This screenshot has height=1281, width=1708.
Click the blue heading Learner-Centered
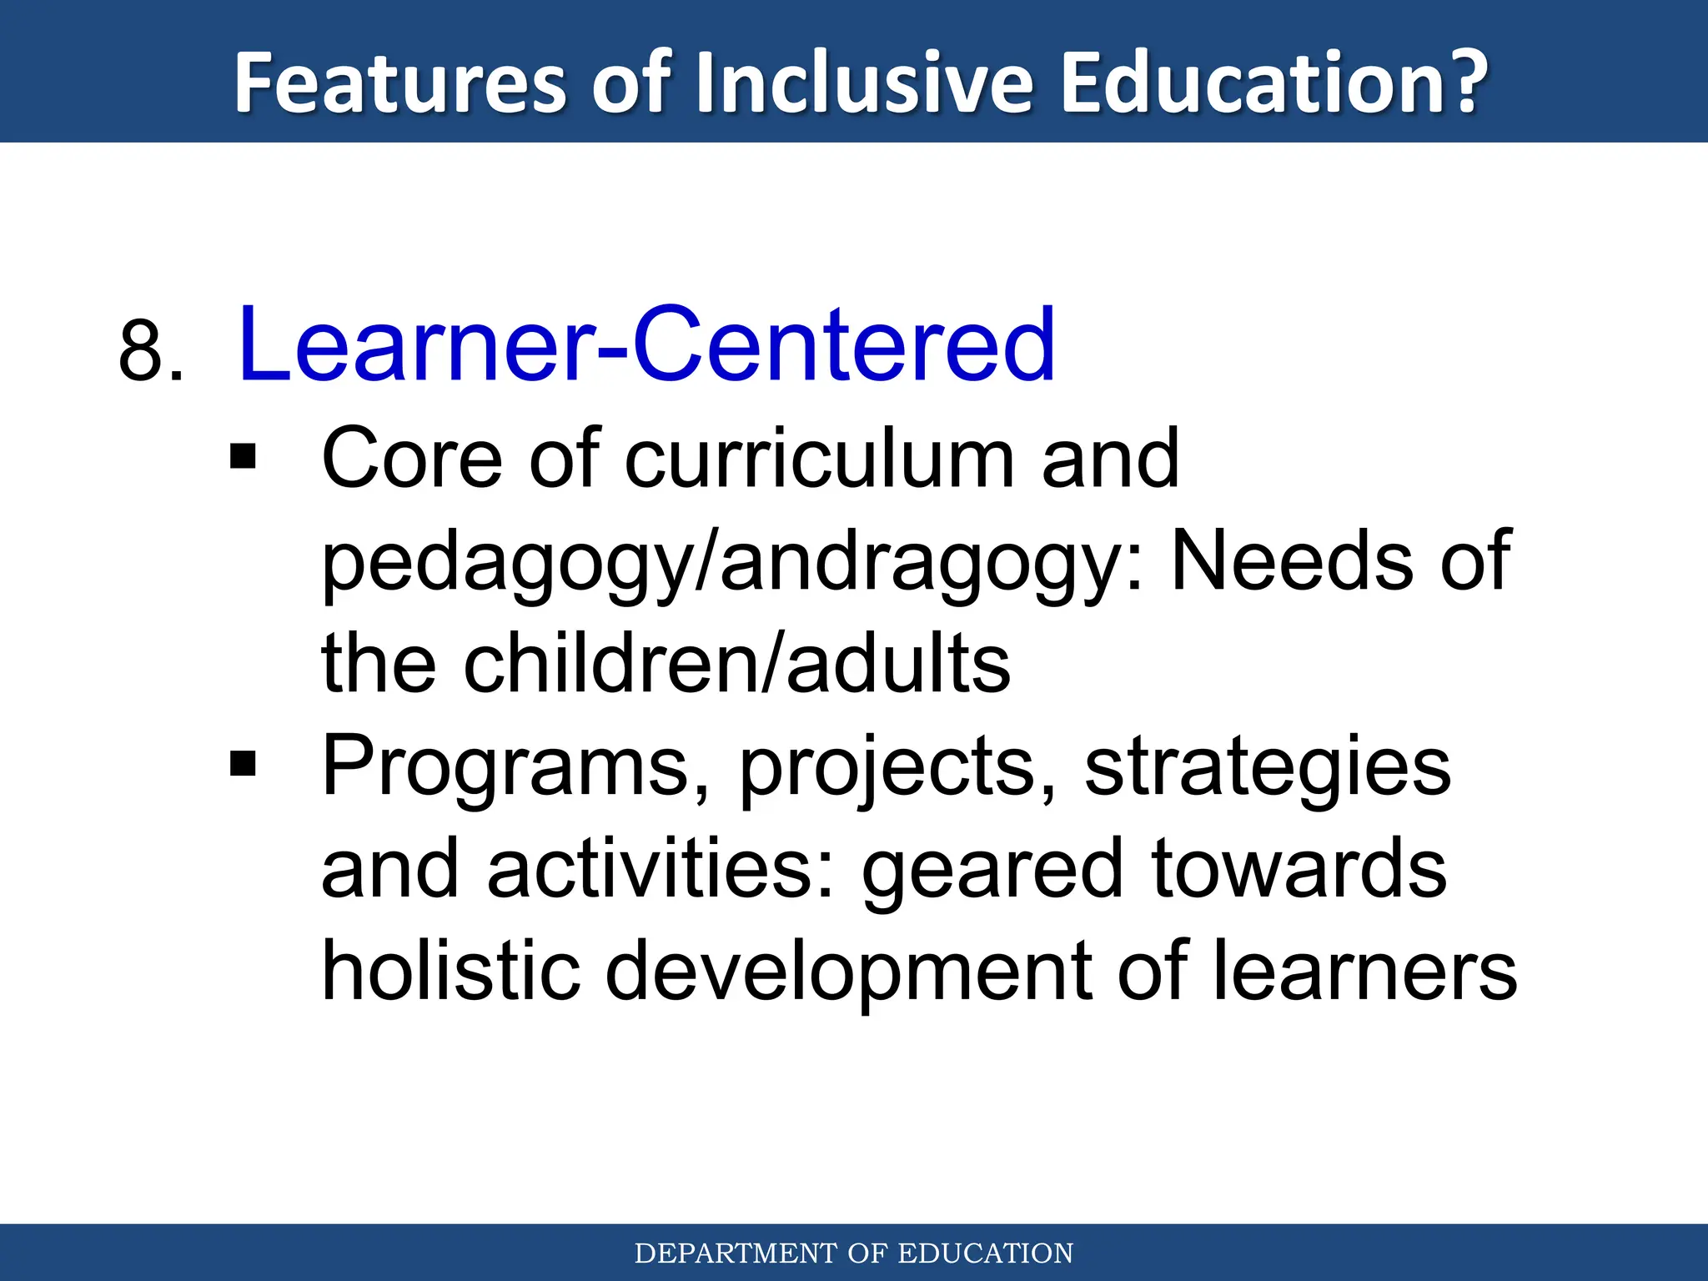(x=646, y=344)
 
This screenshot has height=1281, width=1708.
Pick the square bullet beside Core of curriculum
(x=243, y=456)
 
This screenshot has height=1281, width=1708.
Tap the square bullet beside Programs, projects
(x=243, y=763)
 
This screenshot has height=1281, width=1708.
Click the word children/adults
(x=736, y=663)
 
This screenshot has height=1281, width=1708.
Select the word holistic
(x=451, y=970)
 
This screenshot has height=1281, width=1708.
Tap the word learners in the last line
(x=1364, y=970)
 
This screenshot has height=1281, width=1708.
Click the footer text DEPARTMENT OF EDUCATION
(x=854, y=1253)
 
